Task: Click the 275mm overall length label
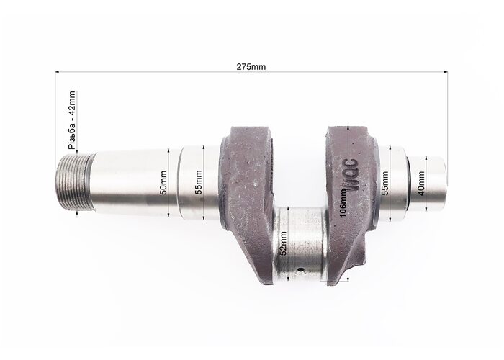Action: (251, 67)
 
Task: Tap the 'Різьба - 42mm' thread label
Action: (72, 121)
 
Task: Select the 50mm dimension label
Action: (163, 183)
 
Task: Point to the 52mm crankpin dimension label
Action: (283, 243)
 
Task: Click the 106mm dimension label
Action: (343, 202)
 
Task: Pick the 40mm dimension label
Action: (420, 183)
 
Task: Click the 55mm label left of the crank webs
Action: (199, 182)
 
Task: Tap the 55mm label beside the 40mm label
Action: (384, 183)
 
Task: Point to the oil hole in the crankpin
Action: (301, 270)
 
